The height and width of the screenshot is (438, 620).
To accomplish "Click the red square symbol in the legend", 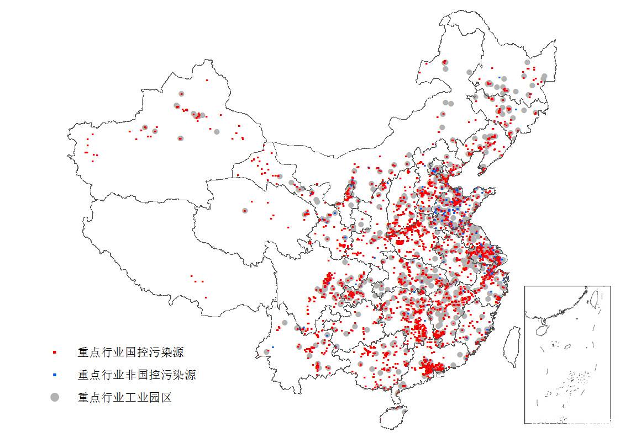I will tap(54, 352).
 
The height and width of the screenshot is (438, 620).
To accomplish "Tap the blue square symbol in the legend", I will tap(54, 375).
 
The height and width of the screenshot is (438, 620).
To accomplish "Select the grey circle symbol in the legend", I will tap(54, 397).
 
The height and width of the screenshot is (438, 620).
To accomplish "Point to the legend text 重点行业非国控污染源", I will tap(136, 375).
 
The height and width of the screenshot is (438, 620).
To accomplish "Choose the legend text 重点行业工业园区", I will tap(125, 397).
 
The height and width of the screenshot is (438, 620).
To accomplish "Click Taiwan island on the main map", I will tap(513, 346).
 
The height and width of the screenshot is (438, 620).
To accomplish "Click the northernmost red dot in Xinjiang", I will tap(207, 80).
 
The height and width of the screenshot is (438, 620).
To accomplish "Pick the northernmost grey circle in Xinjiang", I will tap(181, 94).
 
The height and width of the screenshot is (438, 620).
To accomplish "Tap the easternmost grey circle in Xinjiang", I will tap(217, 132).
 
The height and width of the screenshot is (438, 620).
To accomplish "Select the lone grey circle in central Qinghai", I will tap(245, 210).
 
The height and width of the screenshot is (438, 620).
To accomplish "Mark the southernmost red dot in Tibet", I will tap(206, 297).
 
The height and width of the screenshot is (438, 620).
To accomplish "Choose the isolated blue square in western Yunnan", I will tap(273, 347).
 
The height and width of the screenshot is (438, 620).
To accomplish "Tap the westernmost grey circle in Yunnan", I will tap(266, 351).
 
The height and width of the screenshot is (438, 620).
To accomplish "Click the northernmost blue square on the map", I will tap(500, 77).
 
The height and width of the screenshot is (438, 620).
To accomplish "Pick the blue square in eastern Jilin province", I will tap(516, 109).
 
